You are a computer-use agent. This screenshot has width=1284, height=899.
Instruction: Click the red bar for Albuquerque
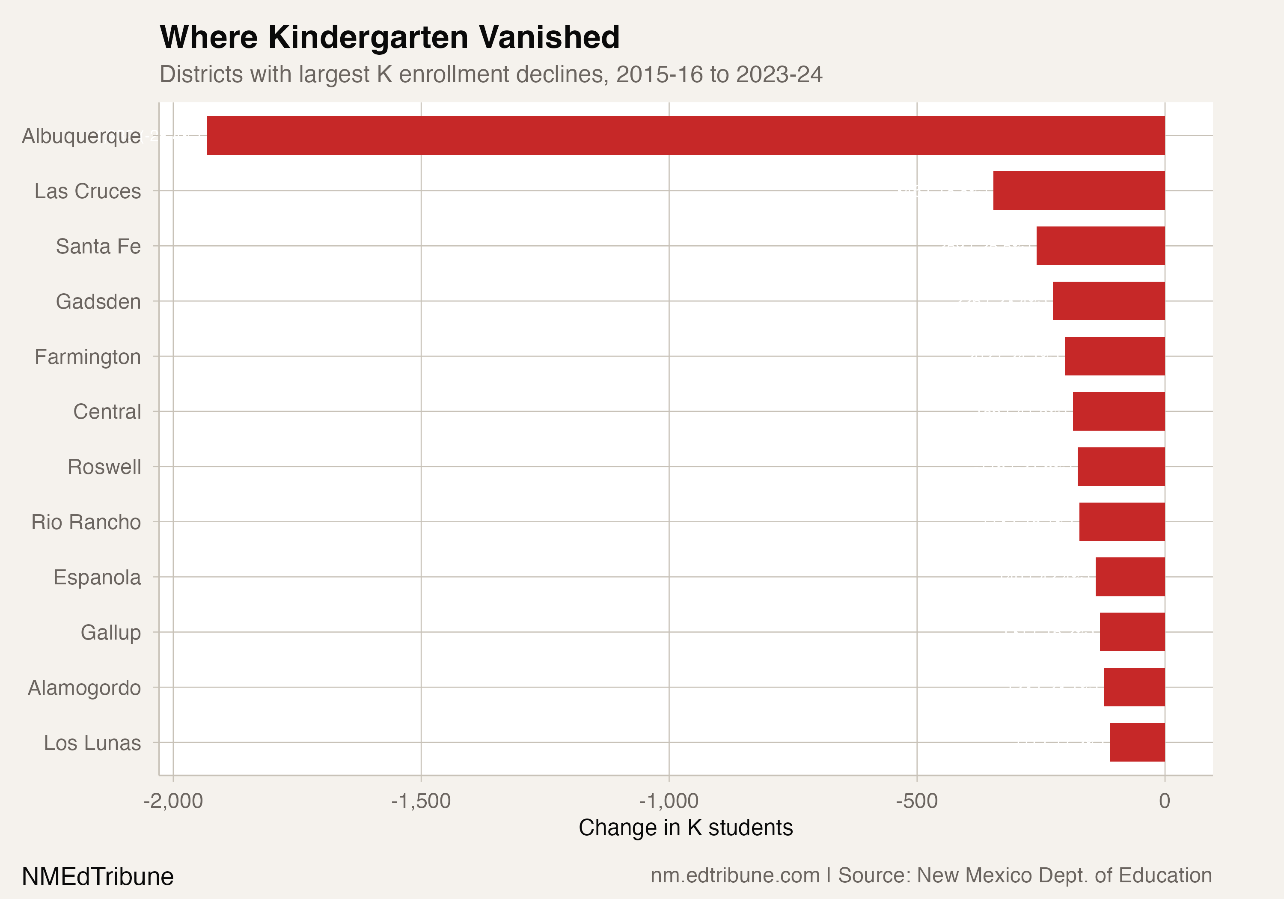[686, 135]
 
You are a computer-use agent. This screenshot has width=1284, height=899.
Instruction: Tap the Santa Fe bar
[1100, 246]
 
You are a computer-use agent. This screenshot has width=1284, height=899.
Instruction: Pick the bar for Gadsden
[1109, 301]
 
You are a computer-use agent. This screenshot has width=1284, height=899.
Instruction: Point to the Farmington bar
[1115, 356]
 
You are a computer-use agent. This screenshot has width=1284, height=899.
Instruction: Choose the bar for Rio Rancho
[1122, 522]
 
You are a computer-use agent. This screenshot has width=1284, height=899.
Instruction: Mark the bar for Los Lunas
[1137, 742]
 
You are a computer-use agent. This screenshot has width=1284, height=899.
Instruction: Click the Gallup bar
[1132, 632]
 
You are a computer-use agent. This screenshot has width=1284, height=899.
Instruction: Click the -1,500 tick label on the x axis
[421, 801]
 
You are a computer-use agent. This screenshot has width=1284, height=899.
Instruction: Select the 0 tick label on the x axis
[1164, 801]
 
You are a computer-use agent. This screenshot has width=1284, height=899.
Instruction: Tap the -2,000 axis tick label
[173, 801]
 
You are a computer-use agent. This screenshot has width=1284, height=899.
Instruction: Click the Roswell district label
[104, 467]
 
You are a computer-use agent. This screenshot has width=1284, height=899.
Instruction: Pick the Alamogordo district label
[84, 688]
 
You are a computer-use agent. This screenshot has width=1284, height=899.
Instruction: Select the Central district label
[107, 412]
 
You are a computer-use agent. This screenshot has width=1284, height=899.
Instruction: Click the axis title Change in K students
[686, 828]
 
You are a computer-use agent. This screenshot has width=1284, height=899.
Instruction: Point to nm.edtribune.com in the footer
[735, 875]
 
